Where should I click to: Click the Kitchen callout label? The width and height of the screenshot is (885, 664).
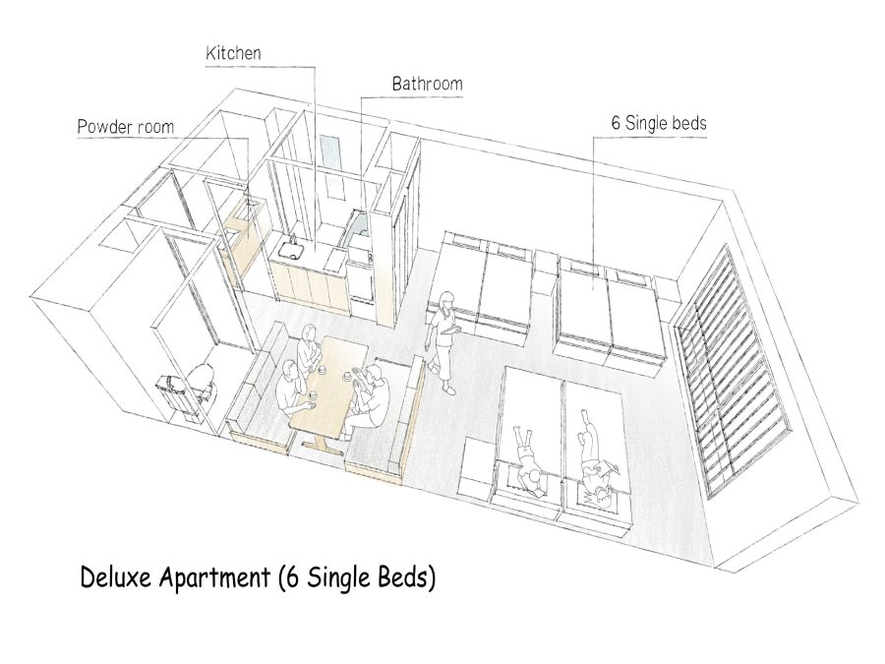point(233,53)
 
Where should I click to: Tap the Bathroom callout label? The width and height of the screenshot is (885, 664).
point(428,85)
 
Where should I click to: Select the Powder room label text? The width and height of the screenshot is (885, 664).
point(125,127)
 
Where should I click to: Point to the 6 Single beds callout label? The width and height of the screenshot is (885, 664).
point(659,123)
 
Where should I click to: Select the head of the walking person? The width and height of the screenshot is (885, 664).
point(447,299)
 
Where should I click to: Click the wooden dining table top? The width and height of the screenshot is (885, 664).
point(328,384)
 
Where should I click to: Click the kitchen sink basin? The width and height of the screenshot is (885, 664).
point(290,250)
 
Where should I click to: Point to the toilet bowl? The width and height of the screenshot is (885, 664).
point(202,379)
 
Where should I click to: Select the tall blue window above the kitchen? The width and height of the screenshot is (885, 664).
point(330,167)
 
